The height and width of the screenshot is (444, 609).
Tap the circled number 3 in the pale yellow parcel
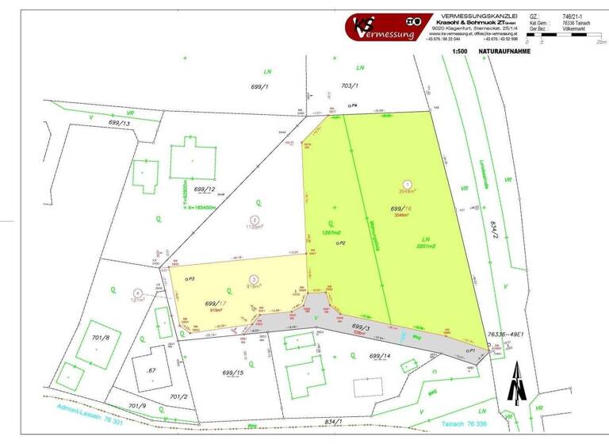pos(253,279)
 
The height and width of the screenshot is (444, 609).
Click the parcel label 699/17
pos(216,304)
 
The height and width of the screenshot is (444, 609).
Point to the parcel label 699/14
pos(380,356)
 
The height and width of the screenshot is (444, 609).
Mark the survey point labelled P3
pos(186,279)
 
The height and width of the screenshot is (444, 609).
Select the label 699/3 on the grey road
pos(361,327)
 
